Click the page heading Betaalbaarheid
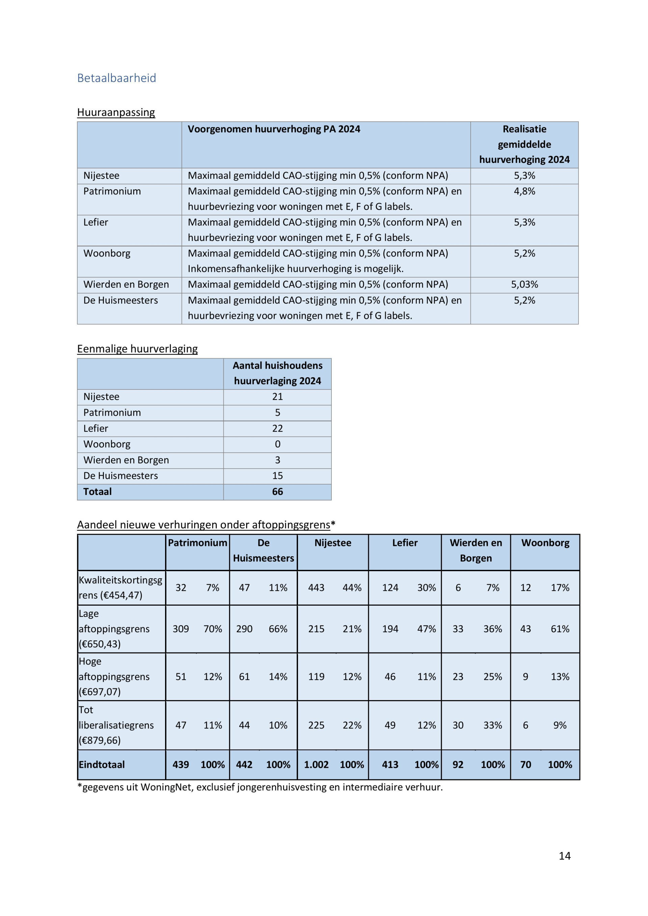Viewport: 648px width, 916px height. point(116,78)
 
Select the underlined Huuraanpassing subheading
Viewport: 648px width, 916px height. point(116,112)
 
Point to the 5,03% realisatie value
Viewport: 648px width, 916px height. point(524,284)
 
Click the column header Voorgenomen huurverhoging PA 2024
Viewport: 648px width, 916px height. point(274,129)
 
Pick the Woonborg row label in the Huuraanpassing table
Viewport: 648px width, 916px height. point(107,253)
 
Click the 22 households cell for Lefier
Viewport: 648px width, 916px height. point(277,428)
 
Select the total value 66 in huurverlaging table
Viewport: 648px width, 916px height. point(277,492)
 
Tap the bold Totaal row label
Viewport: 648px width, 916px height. point(97,492)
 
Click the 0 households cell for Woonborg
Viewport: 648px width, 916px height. point(277,444)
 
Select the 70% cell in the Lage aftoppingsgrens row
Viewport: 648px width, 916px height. point(213,629)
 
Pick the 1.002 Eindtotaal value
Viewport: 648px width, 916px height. point(316,765)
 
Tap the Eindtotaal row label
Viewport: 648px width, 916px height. point(102,765)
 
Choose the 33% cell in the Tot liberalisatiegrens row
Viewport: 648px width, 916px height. point(492,725)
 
